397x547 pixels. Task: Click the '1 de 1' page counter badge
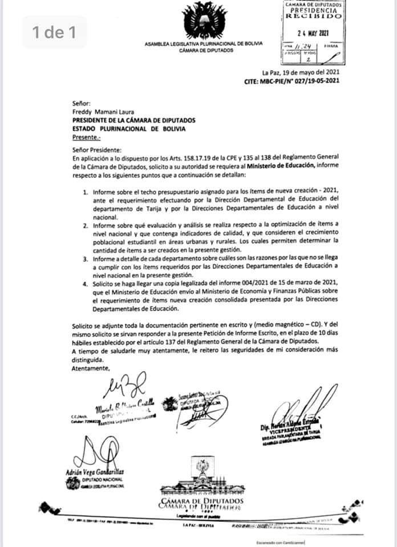click(x=55, y=32)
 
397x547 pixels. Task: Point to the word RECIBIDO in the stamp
click(x=314, y=17)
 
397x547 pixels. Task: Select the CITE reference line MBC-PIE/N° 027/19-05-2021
click(x=291, y=81)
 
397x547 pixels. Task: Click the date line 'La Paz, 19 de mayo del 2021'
click(x=301, y=72)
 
